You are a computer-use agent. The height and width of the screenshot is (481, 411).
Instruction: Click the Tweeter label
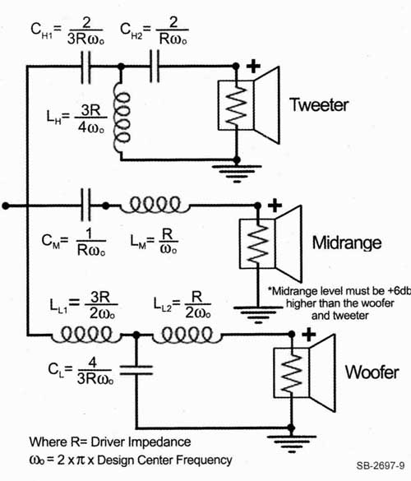point(319,104)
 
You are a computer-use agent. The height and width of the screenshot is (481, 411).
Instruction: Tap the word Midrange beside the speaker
point(347,243)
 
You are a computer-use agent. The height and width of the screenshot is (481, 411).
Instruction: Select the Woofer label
point(372,372)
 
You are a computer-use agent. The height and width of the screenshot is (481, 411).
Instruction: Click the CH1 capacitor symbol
point(85,67)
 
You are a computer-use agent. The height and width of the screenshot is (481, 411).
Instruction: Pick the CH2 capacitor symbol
point(155,67)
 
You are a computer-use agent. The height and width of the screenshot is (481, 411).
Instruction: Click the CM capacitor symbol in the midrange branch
point(85,206)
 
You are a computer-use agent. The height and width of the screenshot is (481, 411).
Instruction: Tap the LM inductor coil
point(155,205)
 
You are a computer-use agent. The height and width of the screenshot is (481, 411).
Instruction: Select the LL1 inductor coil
point(86,335)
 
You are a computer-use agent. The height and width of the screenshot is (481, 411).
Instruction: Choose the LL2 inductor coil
point(187,335)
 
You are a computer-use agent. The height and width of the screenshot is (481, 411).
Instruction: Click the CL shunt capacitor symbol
point(136,370)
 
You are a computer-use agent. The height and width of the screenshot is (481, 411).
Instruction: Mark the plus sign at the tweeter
point(253,67)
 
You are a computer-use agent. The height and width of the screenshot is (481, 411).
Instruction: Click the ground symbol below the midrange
point(258,313)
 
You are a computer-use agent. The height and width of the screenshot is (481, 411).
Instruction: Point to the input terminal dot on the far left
point(6,206)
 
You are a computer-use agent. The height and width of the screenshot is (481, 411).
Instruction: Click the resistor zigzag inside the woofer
point(292,372)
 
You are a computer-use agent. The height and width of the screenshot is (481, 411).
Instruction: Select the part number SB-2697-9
point(381,465)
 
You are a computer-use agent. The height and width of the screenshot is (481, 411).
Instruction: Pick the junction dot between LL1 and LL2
point(136,335)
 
